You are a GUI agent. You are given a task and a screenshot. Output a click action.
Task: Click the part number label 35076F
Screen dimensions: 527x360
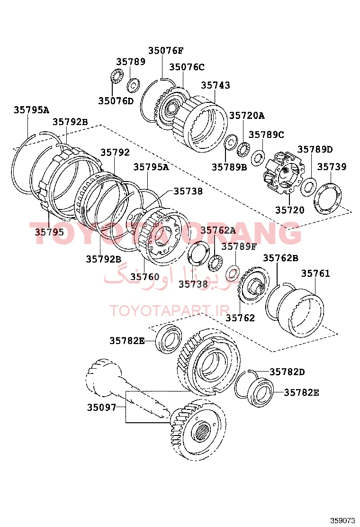165,51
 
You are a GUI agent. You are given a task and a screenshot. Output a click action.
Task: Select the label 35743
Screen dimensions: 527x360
216,85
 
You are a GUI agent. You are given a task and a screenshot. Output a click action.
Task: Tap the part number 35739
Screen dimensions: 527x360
332,167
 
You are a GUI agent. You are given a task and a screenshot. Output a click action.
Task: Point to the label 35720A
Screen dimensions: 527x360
247,115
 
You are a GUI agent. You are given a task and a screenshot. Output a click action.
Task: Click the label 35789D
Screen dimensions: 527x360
315,150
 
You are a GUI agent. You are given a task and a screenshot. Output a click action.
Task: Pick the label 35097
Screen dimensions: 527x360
101,407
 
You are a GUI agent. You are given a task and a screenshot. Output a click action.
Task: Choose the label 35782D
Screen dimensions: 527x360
287,372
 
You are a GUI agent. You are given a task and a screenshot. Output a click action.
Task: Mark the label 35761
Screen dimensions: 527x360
315,273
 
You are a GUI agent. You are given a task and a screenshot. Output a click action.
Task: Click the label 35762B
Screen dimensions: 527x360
280,258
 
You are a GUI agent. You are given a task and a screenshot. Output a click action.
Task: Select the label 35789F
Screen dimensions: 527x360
239,246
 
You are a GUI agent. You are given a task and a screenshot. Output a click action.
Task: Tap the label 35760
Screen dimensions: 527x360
144,276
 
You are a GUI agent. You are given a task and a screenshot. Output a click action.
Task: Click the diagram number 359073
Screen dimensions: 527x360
342,520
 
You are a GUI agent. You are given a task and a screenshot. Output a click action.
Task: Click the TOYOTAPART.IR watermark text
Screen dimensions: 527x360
170,311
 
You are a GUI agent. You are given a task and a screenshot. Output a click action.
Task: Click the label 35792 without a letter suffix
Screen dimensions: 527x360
115,153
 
